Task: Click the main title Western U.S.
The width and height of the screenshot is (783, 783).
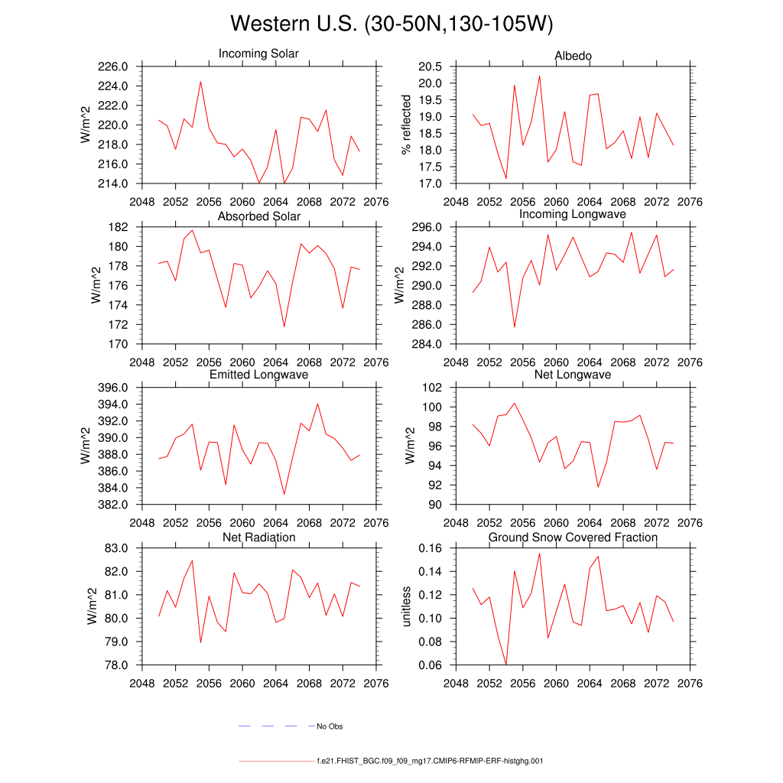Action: tap(391, 24)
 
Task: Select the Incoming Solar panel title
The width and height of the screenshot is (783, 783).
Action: tap(258, 54)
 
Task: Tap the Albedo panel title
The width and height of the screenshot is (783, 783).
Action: tap(573, 56)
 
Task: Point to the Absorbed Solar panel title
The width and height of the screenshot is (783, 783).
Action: tap(258, 216)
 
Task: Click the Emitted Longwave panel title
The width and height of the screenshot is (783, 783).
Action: tap(258, 375)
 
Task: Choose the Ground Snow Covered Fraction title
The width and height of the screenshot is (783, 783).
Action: tap(573, 538)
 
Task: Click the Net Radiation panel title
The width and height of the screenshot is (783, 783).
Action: tap(258, 538)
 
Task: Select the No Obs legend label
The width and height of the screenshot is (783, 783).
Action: tap(330, 726)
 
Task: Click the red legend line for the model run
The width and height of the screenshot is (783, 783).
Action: tap(275, 762)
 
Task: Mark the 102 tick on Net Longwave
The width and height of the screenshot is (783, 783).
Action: tap(433, 388)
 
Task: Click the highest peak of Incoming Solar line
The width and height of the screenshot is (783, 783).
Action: tap(200, 81)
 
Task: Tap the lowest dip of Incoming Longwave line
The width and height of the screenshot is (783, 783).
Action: tap(515, 327)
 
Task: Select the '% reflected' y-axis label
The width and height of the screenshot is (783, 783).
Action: tap(407, 125)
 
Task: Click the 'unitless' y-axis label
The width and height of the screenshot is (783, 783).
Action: tap(407, 606)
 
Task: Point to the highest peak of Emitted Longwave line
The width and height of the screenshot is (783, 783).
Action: tap(317, 404)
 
